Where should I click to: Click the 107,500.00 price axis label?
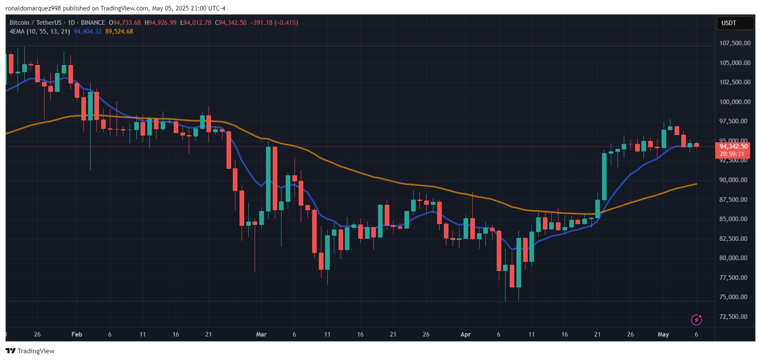pos(735,43)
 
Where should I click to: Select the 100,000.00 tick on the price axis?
pos(735,102)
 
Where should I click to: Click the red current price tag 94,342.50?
pos(733,146)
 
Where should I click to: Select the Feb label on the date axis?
pos(77,334)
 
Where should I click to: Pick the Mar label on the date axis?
pos(261,334)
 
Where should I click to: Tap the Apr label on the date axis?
pos(466,334)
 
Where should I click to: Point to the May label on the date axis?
pos(663,334)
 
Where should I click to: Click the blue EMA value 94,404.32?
pos(88,31)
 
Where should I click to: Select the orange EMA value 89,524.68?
pos(119,31)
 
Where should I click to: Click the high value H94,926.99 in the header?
pos(161,23)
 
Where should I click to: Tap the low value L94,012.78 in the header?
pos(195,23)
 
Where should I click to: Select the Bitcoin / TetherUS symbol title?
pos(36,23)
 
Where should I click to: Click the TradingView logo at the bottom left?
pos(30,351)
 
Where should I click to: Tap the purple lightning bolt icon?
pos(696,320)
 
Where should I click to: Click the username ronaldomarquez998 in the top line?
pos(33,8)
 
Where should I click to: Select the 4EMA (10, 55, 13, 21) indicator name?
pos(40,31)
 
